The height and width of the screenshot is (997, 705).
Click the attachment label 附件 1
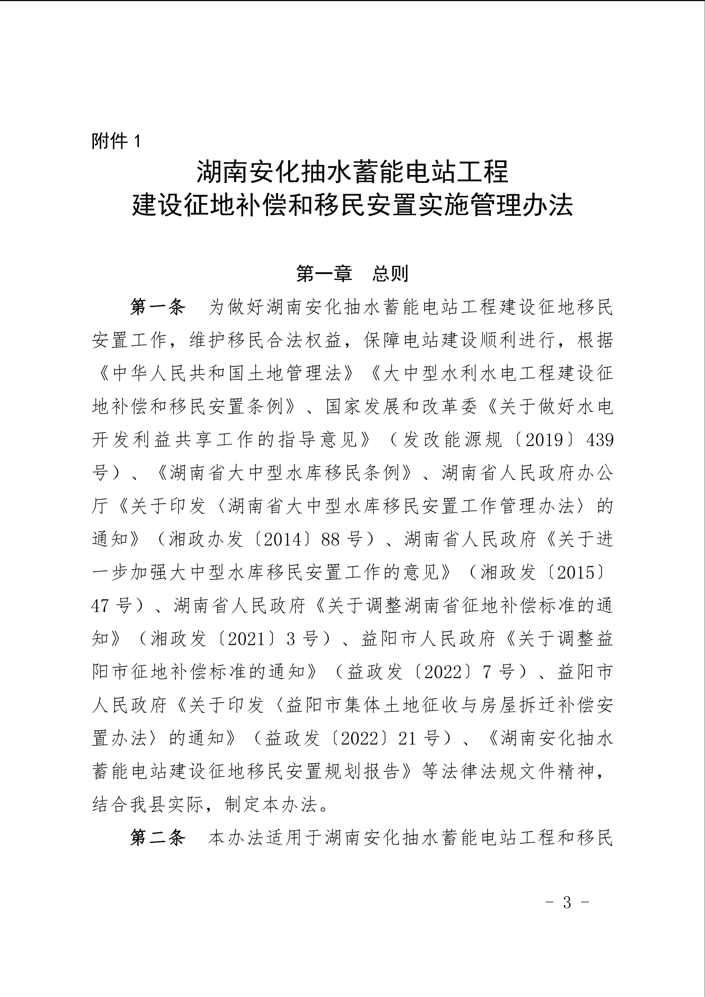pos(116,141)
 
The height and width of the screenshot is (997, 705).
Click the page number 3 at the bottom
pos(567,903)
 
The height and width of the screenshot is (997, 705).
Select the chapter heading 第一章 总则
pos(352,273)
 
